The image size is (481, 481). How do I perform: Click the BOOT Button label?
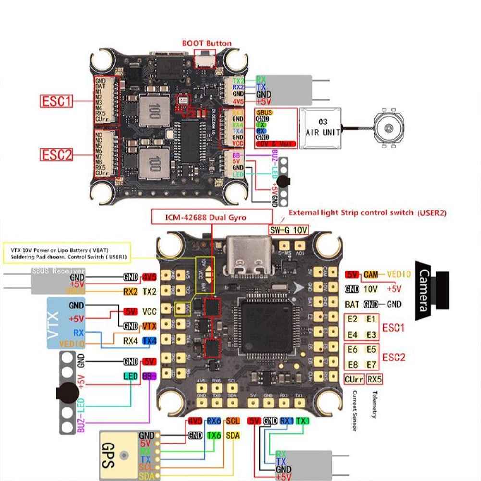pyautogui.click(x=206, y=43)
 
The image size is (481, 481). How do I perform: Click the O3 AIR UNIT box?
pyautogui.click(x=321, y=127)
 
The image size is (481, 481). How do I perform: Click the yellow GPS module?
pyautogui.click(x=123, y=454)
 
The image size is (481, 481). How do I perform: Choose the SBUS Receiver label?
pyautogui.click(x=58, y=271)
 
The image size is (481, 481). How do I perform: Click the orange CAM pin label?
pyautogui.click(x=370, y=274)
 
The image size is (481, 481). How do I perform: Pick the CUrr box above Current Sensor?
pyautogui.click(x=354, y=379)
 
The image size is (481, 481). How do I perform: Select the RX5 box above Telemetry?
pyautogui.click(x=374, y=379)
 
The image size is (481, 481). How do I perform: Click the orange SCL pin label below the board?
pyautogui.click(x=232, y=421)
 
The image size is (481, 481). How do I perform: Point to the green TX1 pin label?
pyautogui.click(x=303, y=421)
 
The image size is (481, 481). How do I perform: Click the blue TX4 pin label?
pyautogui.click(x=149, y=341)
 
